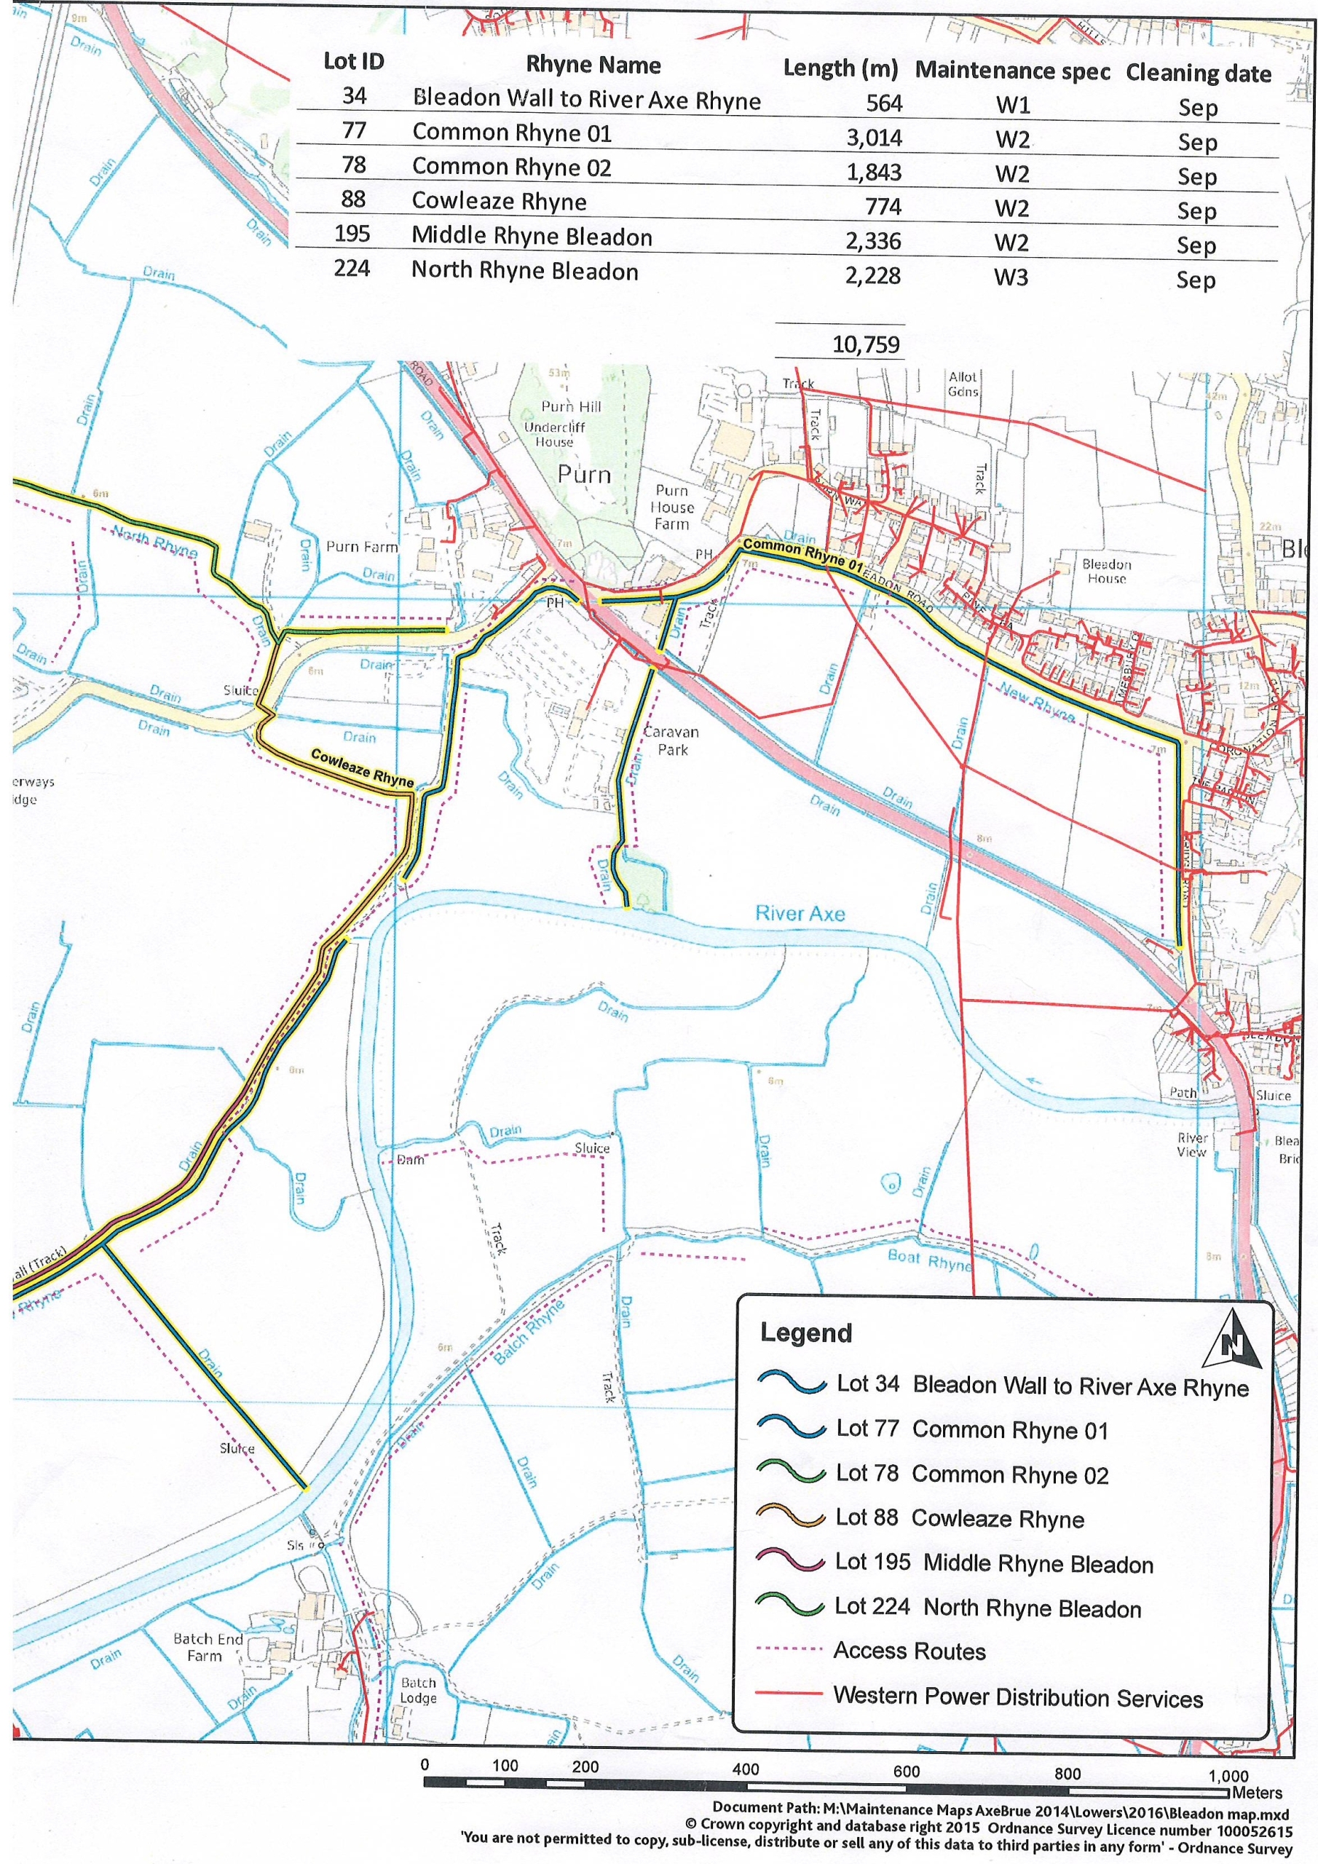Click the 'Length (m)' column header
tap(840, 69)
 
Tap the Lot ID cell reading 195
tap(352, 234)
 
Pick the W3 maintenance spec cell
tap(1011, 277)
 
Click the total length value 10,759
tap(866, 344)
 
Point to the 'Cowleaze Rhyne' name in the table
tap(499, 202)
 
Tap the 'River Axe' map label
tap(799, 913)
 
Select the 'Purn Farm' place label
tap(361, 547)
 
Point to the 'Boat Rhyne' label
tap(928, 1259)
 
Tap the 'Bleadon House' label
tap(1106, 571)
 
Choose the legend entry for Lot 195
tap(993, 1565)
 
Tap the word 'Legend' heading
tap(805, 1333)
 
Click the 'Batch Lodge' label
tap(418, 1691)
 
